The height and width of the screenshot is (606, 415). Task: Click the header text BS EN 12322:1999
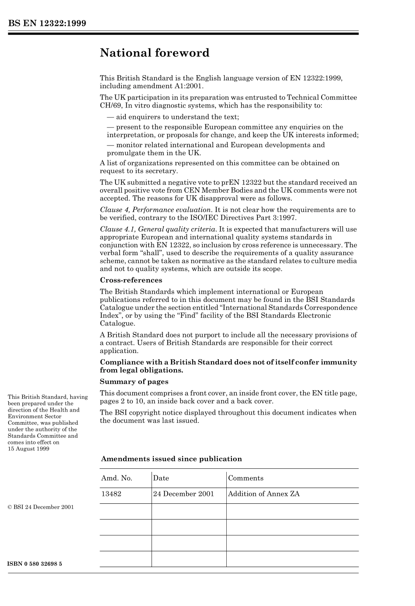click(x=47, y=23)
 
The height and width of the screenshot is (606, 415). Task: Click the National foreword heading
click(x=155, y=53)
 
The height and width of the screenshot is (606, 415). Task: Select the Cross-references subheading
click(x=131, y=280)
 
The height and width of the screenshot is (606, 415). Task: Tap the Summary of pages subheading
click(x=134, y=381)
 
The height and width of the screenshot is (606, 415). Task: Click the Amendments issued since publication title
click(x=171, y=459)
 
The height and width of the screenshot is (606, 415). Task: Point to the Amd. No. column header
click(x=117, y=478)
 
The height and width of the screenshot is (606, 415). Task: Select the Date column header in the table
click(x=161, y=478)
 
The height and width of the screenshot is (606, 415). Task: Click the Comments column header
click(x=246, y=478)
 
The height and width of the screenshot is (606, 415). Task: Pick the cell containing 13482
click(x=111, y=494)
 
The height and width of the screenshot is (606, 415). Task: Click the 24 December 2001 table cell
click(x=183, y=494)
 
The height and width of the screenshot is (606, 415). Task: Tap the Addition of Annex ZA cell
click(x=264, y=494)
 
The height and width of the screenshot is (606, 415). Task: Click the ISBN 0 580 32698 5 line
click(x=35, y=564)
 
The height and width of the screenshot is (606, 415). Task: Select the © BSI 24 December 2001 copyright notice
click(x=41, y=507)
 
